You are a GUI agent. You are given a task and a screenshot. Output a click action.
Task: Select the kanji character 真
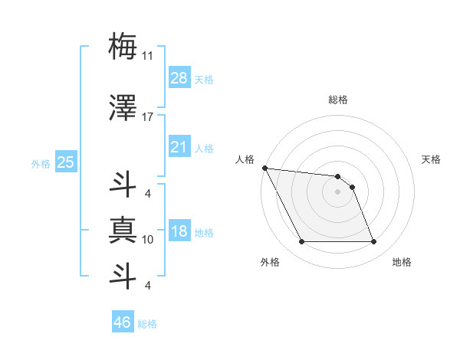[123, 229]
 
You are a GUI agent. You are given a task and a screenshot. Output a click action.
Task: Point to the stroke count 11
[148, 56]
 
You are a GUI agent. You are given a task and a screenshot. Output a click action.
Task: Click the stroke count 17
[148, 117]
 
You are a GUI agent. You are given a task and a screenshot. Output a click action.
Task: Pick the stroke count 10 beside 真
[148, 240]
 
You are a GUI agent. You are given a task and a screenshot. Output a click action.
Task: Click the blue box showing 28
[179, 78]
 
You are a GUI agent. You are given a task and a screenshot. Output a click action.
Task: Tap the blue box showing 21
[179, 147]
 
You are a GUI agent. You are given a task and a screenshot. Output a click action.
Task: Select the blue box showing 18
[179, 232]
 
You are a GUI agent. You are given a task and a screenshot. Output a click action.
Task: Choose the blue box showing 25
[65, 162]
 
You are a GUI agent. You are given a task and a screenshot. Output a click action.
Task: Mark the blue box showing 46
[123, 322]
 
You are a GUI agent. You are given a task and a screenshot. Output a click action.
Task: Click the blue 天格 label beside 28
[204, 79]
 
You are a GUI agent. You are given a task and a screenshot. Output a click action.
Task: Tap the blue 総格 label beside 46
[147, 324]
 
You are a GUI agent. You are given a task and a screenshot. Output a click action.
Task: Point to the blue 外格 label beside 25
[41, 163]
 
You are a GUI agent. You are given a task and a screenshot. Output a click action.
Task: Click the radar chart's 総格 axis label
[338, 100]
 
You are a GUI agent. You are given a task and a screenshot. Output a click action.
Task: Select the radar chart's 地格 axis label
[402, 262]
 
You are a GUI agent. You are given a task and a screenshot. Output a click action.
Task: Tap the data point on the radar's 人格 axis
[264, 168]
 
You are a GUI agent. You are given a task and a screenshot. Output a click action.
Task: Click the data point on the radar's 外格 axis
[301, 242]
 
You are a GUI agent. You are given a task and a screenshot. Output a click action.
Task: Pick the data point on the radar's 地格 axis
[374, 242]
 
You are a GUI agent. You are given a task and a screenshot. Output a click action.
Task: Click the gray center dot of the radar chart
[337, 191]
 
